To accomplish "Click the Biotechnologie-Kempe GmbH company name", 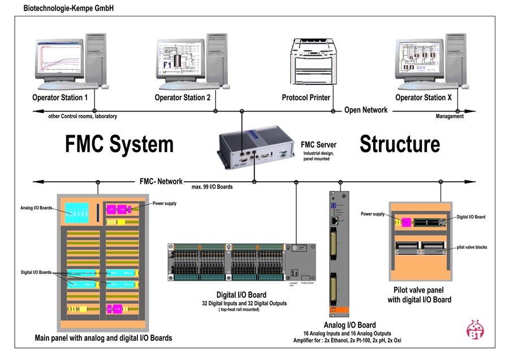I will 68,8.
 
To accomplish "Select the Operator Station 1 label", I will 60,98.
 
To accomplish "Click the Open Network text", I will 366,110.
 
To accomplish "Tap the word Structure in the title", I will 399,144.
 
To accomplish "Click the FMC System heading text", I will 119,144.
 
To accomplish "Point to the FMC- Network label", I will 161,182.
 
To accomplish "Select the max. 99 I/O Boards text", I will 212,187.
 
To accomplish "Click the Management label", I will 450,117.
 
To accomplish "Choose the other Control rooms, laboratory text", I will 83,117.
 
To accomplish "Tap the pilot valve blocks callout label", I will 473,247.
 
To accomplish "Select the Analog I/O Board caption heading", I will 350,325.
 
